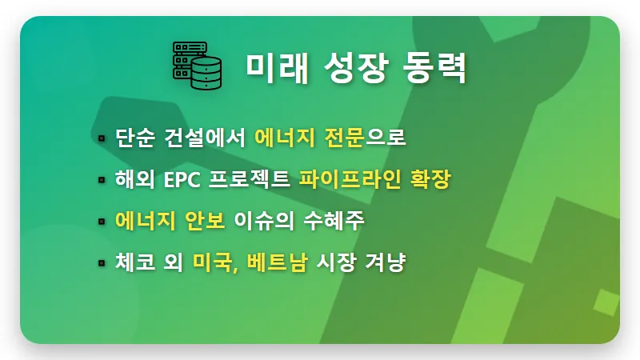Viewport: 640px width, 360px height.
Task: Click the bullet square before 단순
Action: point(102,139)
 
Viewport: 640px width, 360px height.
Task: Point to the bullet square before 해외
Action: point(102,181)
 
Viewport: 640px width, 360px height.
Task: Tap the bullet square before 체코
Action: point(102,263)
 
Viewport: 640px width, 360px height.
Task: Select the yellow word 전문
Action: point(344,138)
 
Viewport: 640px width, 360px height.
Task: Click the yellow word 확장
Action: point(424,180)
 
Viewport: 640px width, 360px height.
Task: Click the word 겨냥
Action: point(387,262)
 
